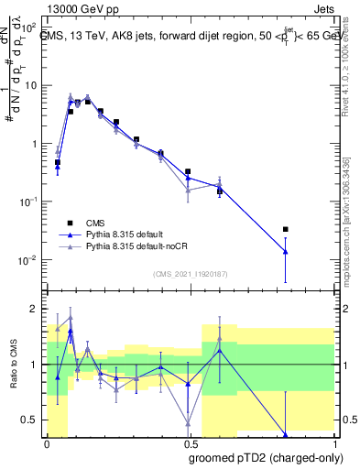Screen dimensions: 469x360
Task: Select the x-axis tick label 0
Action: point(46,442)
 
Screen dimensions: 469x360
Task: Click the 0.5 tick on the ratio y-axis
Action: point(31,420)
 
